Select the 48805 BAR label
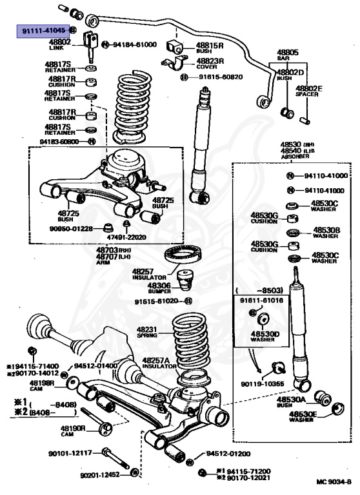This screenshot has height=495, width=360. pos(288,55)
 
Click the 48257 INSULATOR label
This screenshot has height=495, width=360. pos(149,275)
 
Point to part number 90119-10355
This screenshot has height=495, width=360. pos(262,384)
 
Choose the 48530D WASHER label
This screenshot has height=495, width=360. pos(264,338)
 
